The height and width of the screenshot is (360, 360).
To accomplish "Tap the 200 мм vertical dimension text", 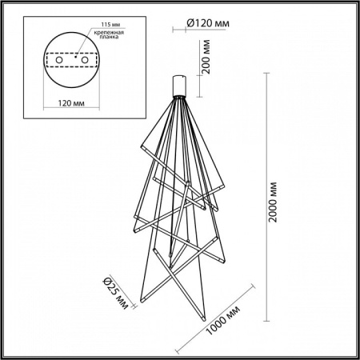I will (206, 58).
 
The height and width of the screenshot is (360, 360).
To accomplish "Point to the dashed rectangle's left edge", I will (46, 62).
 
